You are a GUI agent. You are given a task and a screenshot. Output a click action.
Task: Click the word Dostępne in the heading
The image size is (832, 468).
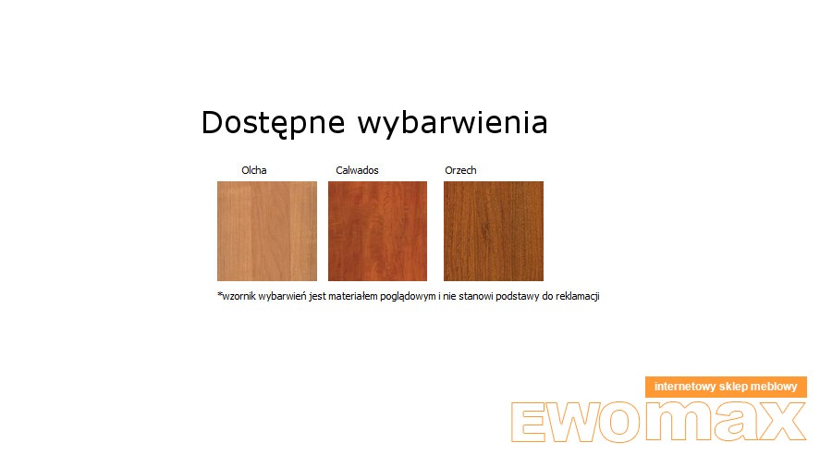pos(274,123)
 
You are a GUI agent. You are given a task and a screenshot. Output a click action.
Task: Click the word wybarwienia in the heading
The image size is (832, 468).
pos(453,122)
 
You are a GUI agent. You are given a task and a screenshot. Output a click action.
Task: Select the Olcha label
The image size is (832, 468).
pos(254,170)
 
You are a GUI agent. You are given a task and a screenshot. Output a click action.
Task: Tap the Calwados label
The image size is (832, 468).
pos(357,170)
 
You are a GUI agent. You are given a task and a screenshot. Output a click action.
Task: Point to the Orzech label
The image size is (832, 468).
pos(460,170)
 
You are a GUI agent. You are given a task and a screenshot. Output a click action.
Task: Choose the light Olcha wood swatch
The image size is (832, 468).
pos(267,231)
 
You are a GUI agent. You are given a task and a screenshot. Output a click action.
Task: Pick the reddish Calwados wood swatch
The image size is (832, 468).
pos(377,231)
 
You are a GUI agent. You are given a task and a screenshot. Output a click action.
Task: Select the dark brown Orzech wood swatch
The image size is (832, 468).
pos(494,231)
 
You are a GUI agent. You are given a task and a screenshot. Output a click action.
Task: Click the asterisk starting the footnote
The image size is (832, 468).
pos(220,294)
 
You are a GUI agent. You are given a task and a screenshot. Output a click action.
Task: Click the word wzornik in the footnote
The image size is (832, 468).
pos(239,296)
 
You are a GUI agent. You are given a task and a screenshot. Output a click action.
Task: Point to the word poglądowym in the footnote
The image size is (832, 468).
pos(408,297)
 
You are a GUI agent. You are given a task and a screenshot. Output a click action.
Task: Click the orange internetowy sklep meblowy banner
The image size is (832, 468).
pos(726,387)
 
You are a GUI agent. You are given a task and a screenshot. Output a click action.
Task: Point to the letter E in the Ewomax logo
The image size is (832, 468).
pos(529,422)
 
